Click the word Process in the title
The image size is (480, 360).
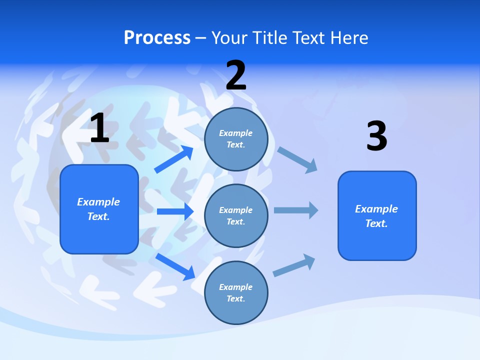[x=157, y=37]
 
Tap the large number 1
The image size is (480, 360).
[x=99, y=128]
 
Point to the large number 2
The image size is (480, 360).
[x=236, y=76]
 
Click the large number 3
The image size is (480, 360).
[x=376, y=136]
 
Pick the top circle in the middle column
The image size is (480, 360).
[x=236, y=139]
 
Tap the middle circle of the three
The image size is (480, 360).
[x=236, y=215]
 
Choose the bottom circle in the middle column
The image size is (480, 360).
[x=236, y=292]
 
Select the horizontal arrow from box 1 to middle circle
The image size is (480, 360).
[x=175, y=211]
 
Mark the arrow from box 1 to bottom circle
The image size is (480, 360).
[x=175, y=266]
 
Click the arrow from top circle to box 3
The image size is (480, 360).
[x=298, y=160]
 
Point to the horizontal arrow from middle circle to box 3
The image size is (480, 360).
[x=296, y=210]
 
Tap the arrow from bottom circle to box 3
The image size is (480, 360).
[x=294, y=265]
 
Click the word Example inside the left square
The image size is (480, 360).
[x=98, y=202]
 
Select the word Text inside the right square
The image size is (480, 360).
[x=376, y=223]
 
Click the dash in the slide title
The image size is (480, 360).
[x=201, y=38]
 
